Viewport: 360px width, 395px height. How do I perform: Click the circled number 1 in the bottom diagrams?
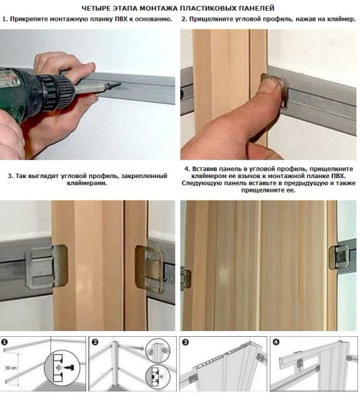coord(6,341)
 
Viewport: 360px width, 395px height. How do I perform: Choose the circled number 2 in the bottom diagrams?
coord(94,341)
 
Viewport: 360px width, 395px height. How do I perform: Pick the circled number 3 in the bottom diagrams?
coord(185,341)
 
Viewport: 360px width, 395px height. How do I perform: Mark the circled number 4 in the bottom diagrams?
coord(277,341)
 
